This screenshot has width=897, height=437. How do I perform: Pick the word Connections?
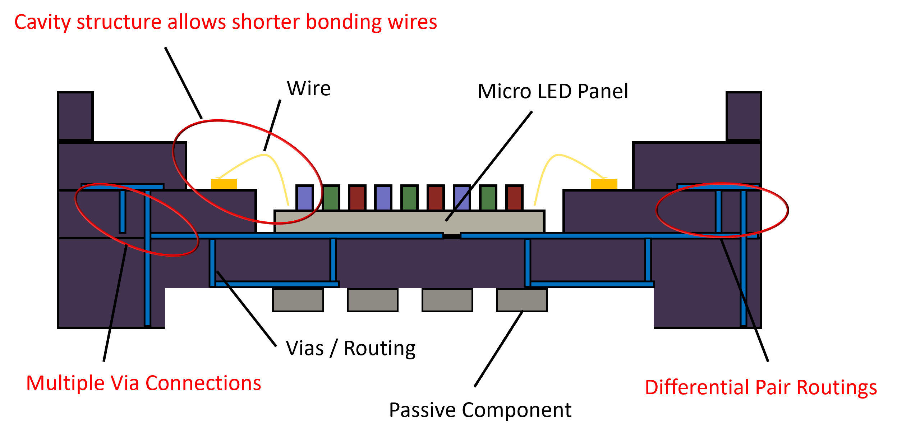(x=203, y=383)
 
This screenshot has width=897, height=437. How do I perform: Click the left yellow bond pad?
(x=224, y=184)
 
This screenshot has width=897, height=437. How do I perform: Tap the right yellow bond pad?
(x=604, y=184)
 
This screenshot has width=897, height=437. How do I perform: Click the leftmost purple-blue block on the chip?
(x=304, y=198)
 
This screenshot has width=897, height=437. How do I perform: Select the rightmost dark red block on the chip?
(x=514, y=198)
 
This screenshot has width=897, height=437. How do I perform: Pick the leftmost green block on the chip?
(x=331, y=198)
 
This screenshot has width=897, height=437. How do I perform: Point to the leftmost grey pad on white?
(x=298, y=300)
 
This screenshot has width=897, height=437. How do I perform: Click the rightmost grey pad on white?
(x=521, y=300)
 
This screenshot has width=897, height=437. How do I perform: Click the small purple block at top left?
(x=75, y=116)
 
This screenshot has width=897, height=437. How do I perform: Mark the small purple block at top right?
(x=744, y=116)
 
